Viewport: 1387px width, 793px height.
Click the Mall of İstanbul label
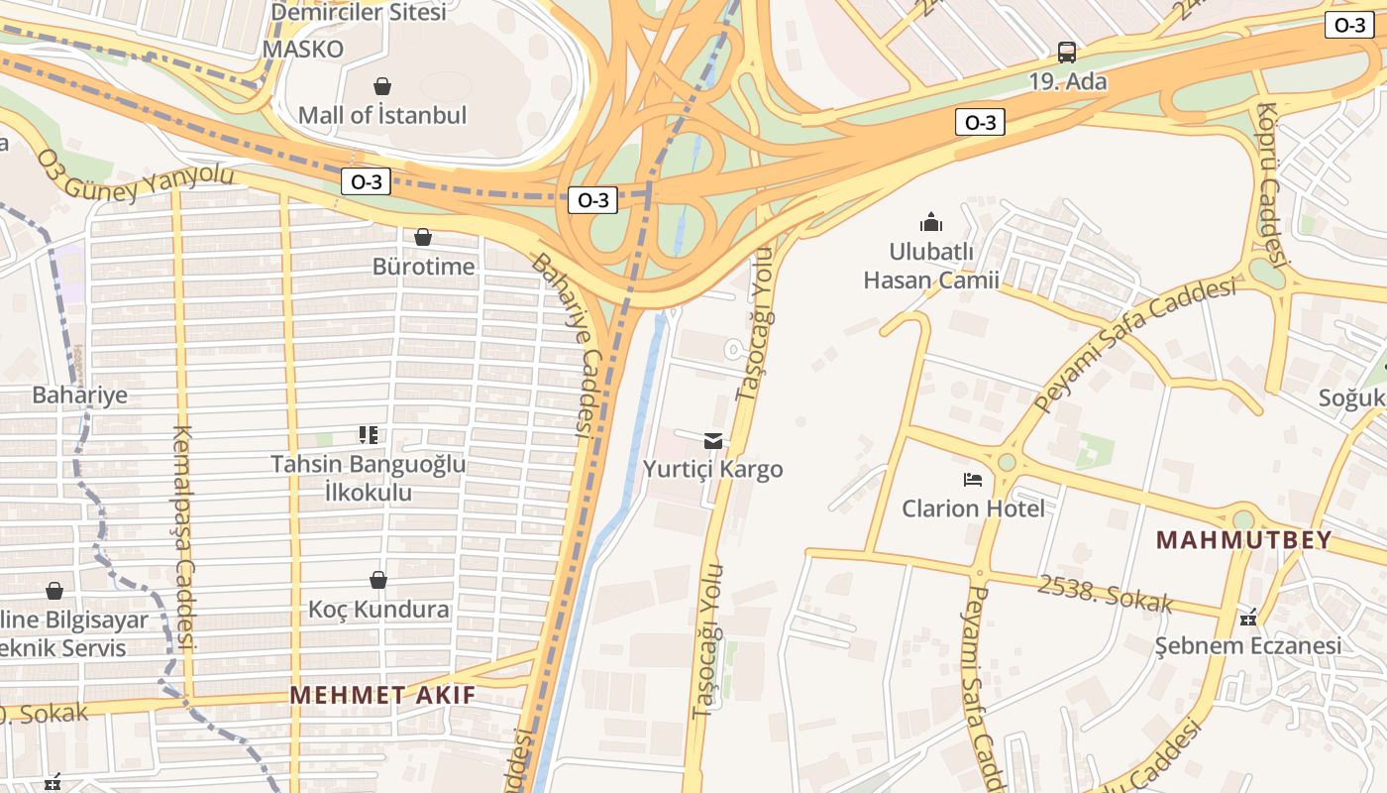click(x=381, y=115)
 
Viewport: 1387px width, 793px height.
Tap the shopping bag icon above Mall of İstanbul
click(x=381, y=86)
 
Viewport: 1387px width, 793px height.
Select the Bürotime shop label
click(x=423, y=267)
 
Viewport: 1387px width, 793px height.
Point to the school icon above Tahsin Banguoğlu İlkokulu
click(x=369, y=434)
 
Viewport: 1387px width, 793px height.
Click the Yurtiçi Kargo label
click(x=712, y=469)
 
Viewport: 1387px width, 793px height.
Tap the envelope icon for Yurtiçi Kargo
click(x=712, y=440)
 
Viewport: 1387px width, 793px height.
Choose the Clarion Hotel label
click(x=973, y=509)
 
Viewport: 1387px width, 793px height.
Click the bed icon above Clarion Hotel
click(x=973, y=480)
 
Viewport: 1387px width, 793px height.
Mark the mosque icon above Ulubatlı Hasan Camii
click(x=930, y=222)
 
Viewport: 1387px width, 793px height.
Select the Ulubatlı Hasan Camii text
click(x=930, y=266)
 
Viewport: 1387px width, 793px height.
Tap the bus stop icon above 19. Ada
click(x=1067, y=53)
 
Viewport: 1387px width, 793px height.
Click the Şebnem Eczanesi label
click(x=1248, y=646)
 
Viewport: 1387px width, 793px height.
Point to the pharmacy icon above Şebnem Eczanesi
click(x=1248, y=619)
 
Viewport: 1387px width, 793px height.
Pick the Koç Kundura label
click(x=378, y=609)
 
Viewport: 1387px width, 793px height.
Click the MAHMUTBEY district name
click(x=1243, y=540)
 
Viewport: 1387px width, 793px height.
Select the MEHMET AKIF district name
click(x=382, y=695)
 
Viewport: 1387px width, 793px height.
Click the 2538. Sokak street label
click(x=1105, y=593)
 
